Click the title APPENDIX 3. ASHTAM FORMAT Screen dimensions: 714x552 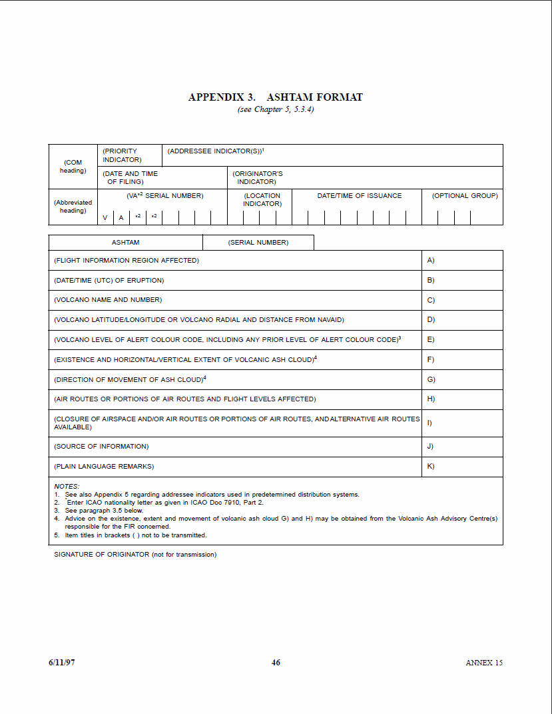[276, 97]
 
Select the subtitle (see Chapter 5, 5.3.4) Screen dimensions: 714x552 [276, 109]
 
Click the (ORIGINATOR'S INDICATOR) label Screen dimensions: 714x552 [258, 177]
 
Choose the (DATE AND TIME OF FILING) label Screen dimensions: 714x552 [131, 177]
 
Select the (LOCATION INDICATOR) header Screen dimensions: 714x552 [262, 199]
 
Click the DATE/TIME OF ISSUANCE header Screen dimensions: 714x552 [359, 196]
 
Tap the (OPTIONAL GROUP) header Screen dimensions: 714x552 [465, 196]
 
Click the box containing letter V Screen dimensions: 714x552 [105, 218]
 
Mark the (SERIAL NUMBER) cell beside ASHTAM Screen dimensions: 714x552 [258, 243]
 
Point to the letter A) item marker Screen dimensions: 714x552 [431, 261]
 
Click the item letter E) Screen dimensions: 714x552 [431, 340]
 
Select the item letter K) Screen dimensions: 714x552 [431, 467]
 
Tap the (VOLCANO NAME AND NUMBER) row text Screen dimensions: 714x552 [108, 300]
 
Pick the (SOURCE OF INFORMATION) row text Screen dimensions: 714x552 [101, 447]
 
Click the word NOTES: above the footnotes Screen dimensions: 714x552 [67, 487]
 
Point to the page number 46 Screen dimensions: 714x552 [276, 663]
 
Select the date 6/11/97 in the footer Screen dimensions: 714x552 [62, 663]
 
